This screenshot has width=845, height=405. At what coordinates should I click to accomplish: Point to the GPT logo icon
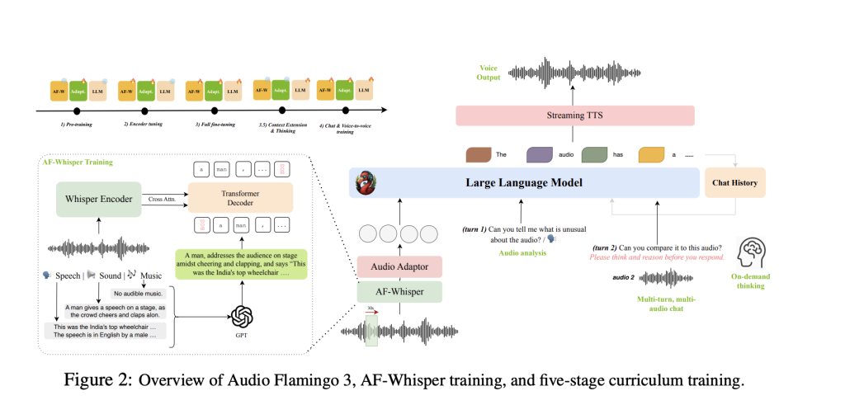point(241,315)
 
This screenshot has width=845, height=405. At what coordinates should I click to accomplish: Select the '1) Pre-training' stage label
point(77,123)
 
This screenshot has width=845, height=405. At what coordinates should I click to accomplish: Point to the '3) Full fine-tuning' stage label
point(215,123)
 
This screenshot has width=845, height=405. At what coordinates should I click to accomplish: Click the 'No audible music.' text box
point(139,293)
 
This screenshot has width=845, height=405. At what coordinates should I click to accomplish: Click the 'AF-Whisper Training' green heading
point(78,162)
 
